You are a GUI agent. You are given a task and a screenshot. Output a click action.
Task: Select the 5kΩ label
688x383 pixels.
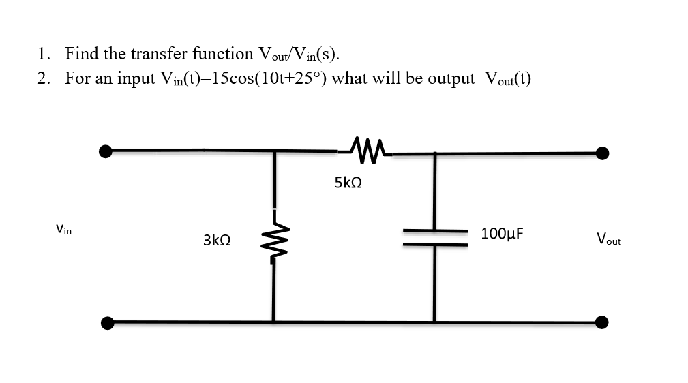point(348,183)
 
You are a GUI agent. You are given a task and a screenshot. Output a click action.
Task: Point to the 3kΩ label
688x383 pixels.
point(216,240)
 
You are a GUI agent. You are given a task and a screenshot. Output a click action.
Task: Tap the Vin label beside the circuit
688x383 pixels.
point(63,230)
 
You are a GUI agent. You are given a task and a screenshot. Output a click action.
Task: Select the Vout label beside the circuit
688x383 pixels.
point(608,239)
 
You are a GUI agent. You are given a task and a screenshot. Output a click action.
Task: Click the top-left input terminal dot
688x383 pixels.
point(105,151)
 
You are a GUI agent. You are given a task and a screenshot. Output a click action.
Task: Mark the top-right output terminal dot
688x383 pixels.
point(602,153)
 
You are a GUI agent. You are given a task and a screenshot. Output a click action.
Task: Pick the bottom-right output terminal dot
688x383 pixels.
point(602,322)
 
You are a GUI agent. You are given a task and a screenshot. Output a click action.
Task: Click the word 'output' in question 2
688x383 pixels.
point(451,78)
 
